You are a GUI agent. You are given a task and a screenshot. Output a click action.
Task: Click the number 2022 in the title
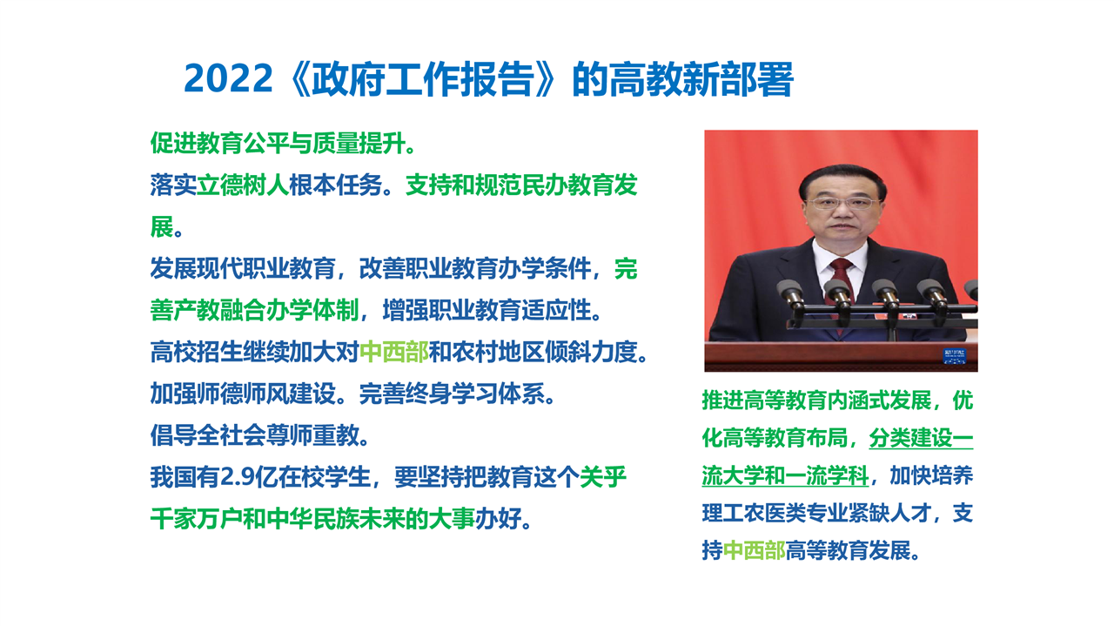pyautogui.click(x=228, y=79)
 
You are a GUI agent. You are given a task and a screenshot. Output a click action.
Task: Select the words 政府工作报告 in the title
pyautogui.click(x=422, y=79)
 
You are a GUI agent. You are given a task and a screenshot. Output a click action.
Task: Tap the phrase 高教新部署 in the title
pyautogui.click(x=701, y=79)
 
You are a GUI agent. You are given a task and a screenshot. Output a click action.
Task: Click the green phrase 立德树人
pyautogui.click(x=243, y=185)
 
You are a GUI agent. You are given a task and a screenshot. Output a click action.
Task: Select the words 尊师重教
pyautogui.click(x=312, y=435)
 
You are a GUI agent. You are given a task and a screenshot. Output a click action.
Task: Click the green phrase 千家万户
pyautogui.click(x=197, y=519)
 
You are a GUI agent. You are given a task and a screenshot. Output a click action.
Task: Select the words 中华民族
pyautogui.click(x=312, y=519)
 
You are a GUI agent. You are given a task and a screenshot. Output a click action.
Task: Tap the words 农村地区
pyautogui.click(x=498, y=353)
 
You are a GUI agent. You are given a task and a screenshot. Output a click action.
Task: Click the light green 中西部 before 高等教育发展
pyautogui.click(x=754, y=550)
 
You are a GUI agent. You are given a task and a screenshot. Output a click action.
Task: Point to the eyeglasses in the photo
pyautogui.click(x=842, y=203)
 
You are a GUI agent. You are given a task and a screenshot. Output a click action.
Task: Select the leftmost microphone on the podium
pyautogui.click(x=792, y=295)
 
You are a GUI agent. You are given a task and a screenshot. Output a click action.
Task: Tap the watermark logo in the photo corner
pyautogui.click(x=955, y=356)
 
